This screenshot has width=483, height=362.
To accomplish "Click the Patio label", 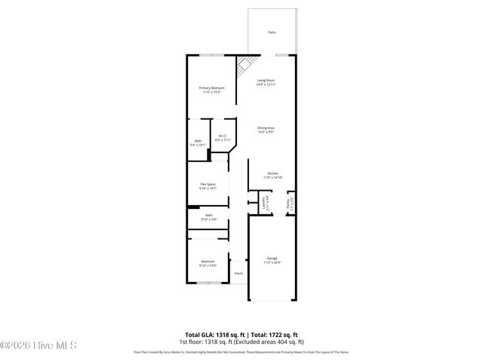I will click(272, 32).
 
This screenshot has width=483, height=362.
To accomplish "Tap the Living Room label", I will click(266, 80).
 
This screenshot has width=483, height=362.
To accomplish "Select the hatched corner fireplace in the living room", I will click(244, 69).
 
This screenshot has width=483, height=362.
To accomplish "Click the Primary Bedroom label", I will click(211, 88).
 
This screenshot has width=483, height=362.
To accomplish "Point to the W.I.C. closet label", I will click(222, 136).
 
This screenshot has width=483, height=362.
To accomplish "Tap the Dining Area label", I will click(266, 128).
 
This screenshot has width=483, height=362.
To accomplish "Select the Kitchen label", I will click(273, 173).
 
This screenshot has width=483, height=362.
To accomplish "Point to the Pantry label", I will click(288, 203).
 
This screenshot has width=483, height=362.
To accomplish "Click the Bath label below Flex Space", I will click(208, 215).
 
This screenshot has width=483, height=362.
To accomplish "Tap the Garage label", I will click(272, 258).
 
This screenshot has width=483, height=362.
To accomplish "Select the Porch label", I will click(238, 273).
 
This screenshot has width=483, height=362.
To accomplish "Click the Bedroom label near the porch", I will click(208, 262).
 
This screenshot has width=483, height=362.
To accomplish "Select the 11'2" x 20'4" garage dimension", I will click(272, 262).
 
